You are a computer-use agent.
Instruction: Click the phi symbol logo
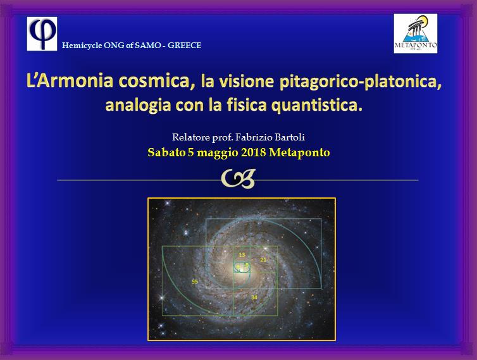(x=41, y=34)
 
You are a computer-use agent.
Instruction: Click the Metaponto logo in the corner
(x=415, y=34)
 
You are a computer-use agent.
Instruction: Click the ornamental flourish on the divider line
(x=238, y=180)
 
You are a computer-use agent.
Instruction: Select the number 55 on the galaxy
(x=195, y=281)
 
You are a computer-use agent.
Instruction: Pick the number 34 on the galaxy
(x=254, y=297)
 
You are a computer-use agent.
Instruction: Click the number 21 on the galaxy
(x=263, y=260)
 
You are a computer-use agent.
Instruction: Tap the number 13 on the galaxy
(x=242, y=255)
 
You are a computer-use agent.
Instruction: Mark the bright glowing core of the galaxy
(x=241, y=268)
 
